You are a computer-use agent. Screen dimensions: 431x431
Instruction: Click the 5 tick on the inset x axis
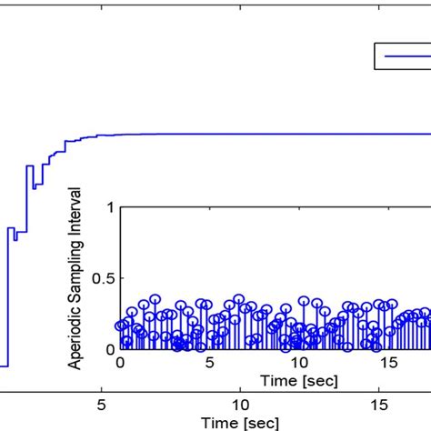coord(209,362)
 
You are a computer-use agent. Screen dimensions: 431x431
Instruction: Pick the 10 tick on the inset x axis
coord(299,362)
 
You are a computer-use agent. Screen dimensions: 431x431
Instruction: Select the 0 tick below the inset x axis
coord(120,362)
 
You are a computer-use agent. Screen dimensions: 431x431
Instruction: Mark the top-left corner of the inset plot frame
coord(120,207)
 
